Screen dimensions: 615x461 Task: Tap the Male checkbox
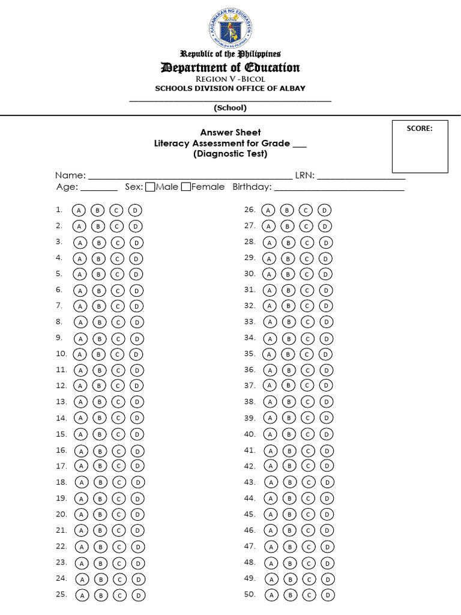click(150, 187)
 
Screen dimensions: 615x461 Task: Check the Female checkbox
click(185, 187)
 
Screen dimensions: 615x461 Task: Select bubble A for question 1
click(79, 210)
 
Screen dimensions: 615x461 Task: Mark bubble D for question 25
click(138, 595)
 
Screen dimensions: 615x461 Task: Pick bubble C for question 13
click(118, 402)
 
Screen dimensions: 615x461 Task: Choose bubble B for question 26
click(288, 210)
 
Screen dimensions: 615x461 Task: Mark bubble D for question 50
click(328, 595)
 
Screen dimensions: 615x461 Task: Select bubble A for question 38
click(270, 402)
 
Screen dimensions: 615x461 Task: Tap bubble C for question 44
click(309, 498)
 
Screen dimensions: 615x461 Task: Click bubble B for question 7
click(98, 306)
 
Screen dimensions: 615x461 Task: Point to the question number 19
click(61, 498)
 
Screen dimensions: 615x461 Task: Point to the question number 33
click(250, 321)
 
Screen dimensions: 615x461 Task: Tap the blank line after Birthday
click(339, 188)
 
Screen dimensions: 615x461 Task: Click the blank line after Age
click(98, 188)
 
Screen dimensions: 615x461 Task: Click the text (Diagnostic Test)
click(230, 154)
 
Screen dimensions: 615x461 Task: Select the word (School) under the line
click(230, 108)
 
